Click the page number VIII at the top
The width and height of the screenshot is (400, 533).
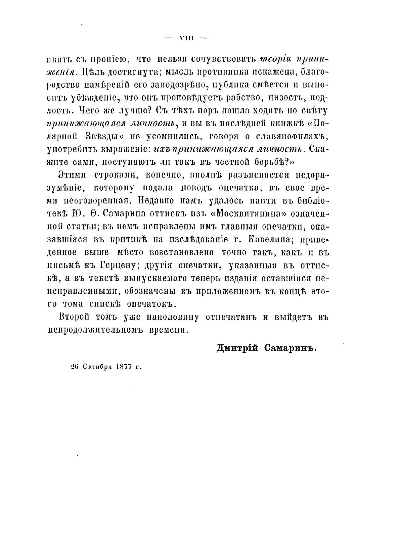click(x=186, y=38)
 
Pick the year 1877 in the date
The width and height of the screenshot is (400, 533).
click(x=123, y=367)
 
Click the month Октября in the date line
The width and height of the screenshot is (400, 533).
click(x=97, y=367)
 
